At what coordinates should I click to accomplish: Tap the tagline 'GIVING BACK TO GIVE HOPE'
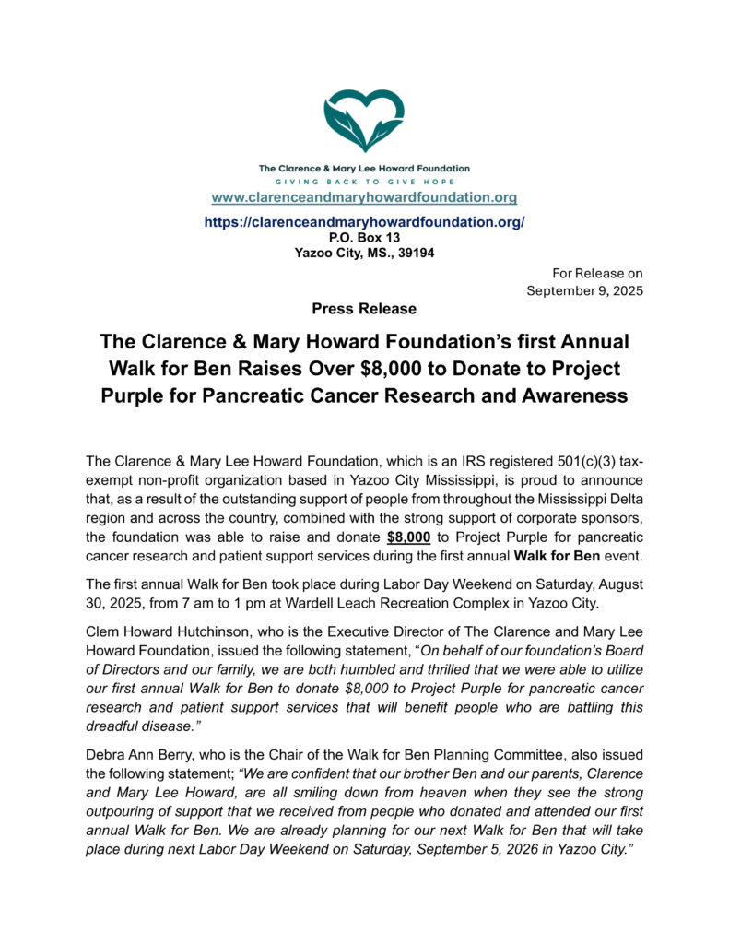[364, 182]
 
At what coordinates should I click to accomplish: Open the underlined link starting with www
[364, 197]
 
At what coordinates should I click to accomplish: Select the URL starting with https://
[364, 222]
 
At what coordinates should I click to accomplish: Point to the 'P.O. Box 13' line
[364, 237]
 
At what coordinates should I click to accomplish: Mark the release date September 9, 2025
[584, 290]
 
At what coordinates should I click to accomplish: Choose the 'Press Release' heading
[364, 309]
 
